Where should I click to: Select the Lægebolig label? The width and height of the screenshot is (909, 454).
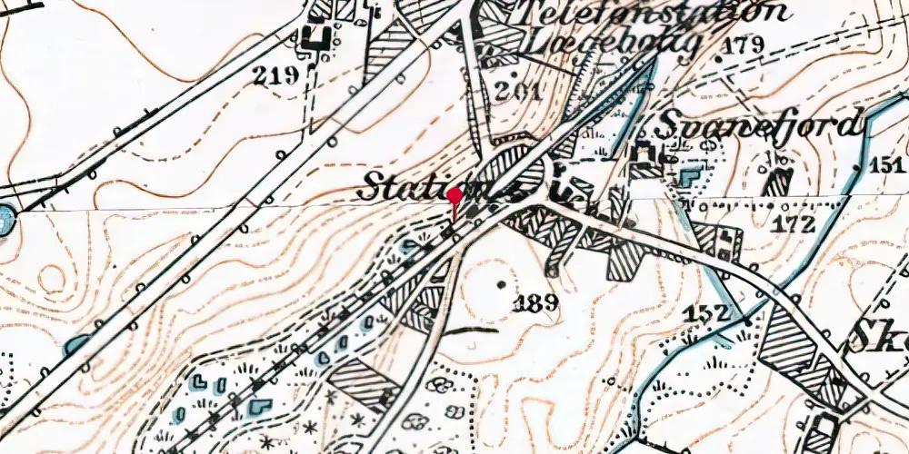point(613,44)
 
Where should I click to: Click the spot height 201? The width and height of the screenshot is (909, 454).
point(519,92)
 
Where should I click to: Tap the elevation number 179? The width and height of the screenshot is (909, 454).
point(743,45)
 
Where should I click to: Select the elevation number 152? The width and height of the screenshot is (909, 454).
point(708,313)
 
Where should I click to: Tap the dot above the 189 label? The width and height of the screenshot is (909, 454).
point(503,285)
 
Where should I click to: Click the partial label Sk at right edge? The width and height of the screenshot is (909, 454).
point(881,336)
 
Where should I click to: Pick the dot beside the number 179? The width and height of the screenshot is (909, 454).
point(722,56)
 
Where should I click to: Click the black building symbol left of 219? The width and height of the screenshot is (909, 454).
point(316,37)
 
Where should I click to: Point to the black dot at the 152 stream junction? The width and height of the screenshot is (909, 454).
point(745,321)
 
